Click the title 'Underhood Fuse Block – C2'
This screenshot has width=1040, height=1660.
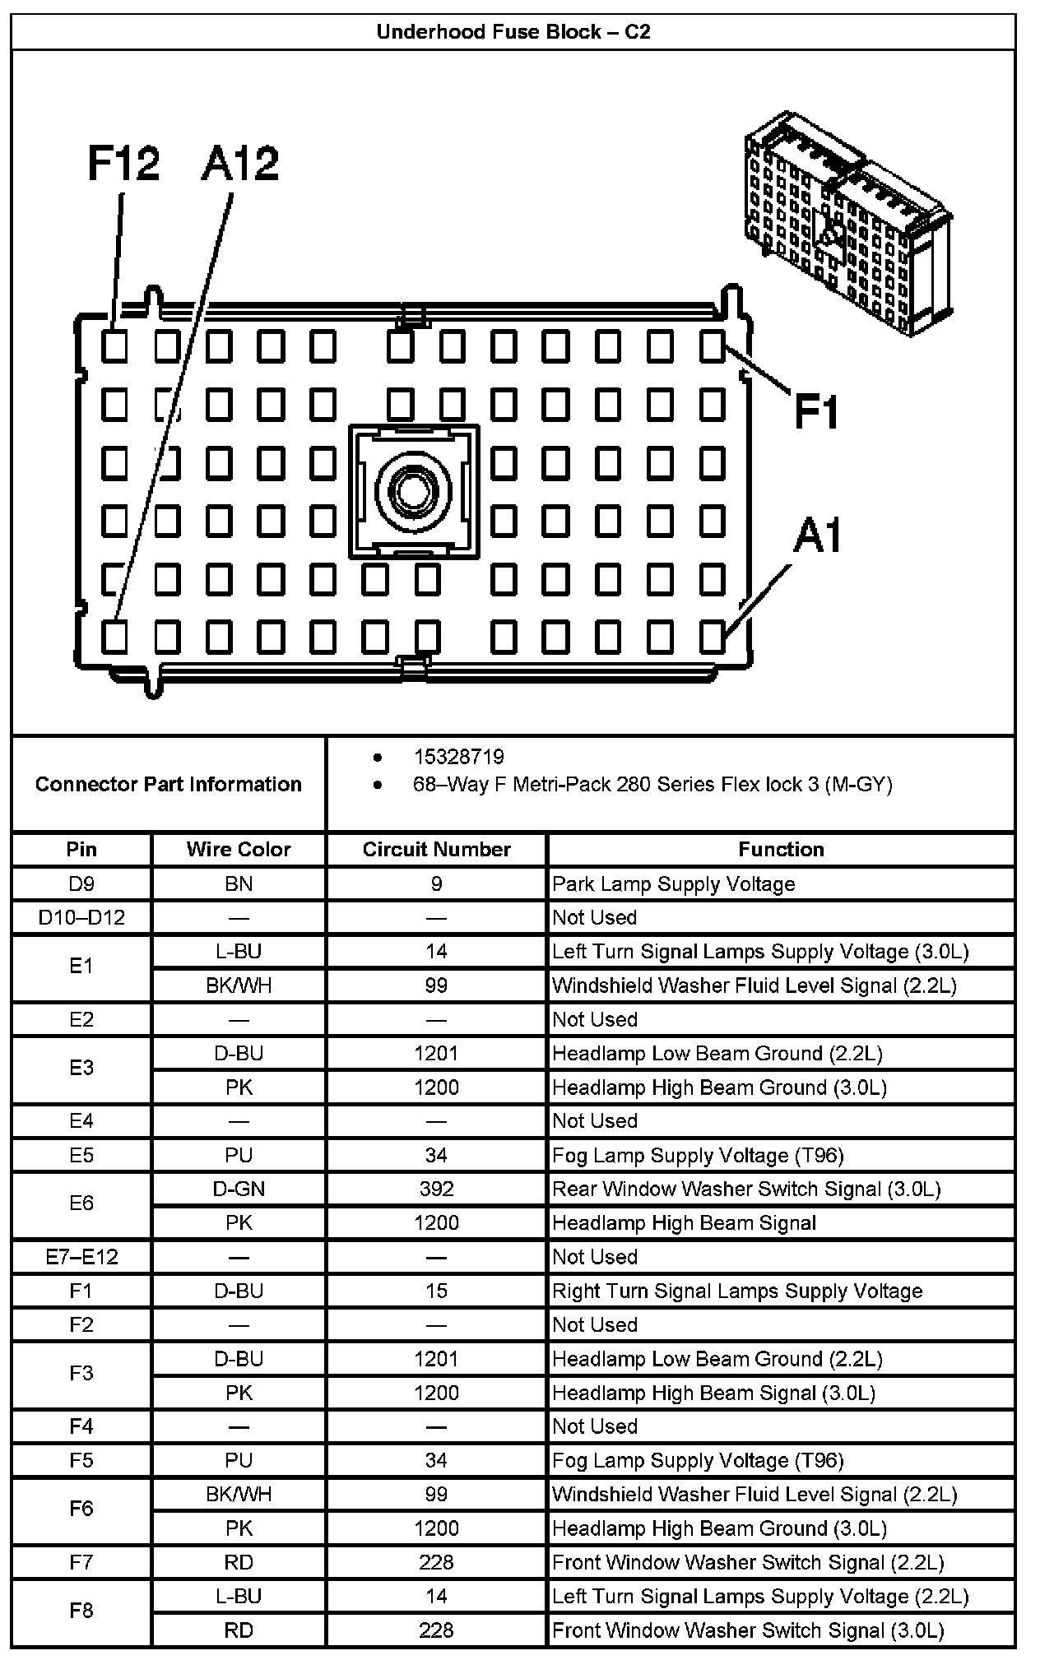point(513,32)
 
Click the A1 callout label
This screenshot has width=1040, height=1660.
point(818,536)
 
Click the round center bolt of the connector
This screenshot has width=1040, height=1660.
point(413,491)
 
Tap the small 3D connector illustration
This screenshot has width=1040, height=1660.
point(847,222)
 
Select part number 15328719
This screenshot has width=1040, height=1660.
point(458,757)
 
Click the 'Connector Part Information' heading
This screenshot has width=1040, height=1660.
point(169,784)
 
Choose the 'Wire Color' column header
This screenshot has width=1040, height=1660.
point(239,849)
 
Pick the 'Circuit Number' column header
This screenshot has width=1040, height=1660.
point(436,849)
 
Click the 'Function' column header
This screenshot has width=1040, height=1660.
point(781,849)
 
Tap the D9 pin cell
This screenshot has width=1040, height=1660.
point(81,883)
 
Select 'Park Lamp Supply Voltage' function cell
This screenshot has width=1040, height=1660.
point(674,883)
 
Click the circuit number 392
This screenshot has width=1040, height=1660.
point(436,1189)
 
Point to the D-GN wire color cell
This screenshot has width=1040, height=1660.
point(239,1189)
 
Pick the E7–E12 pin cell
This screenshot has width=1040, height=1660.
point(81,1257)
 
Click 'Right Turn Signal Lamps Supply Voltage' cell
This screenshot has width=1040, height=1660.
point(737,1291)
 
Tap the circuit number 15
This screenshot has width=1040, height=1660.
point(436,1291)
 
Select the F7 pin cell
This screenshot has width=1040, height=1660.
point(81,1562)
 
